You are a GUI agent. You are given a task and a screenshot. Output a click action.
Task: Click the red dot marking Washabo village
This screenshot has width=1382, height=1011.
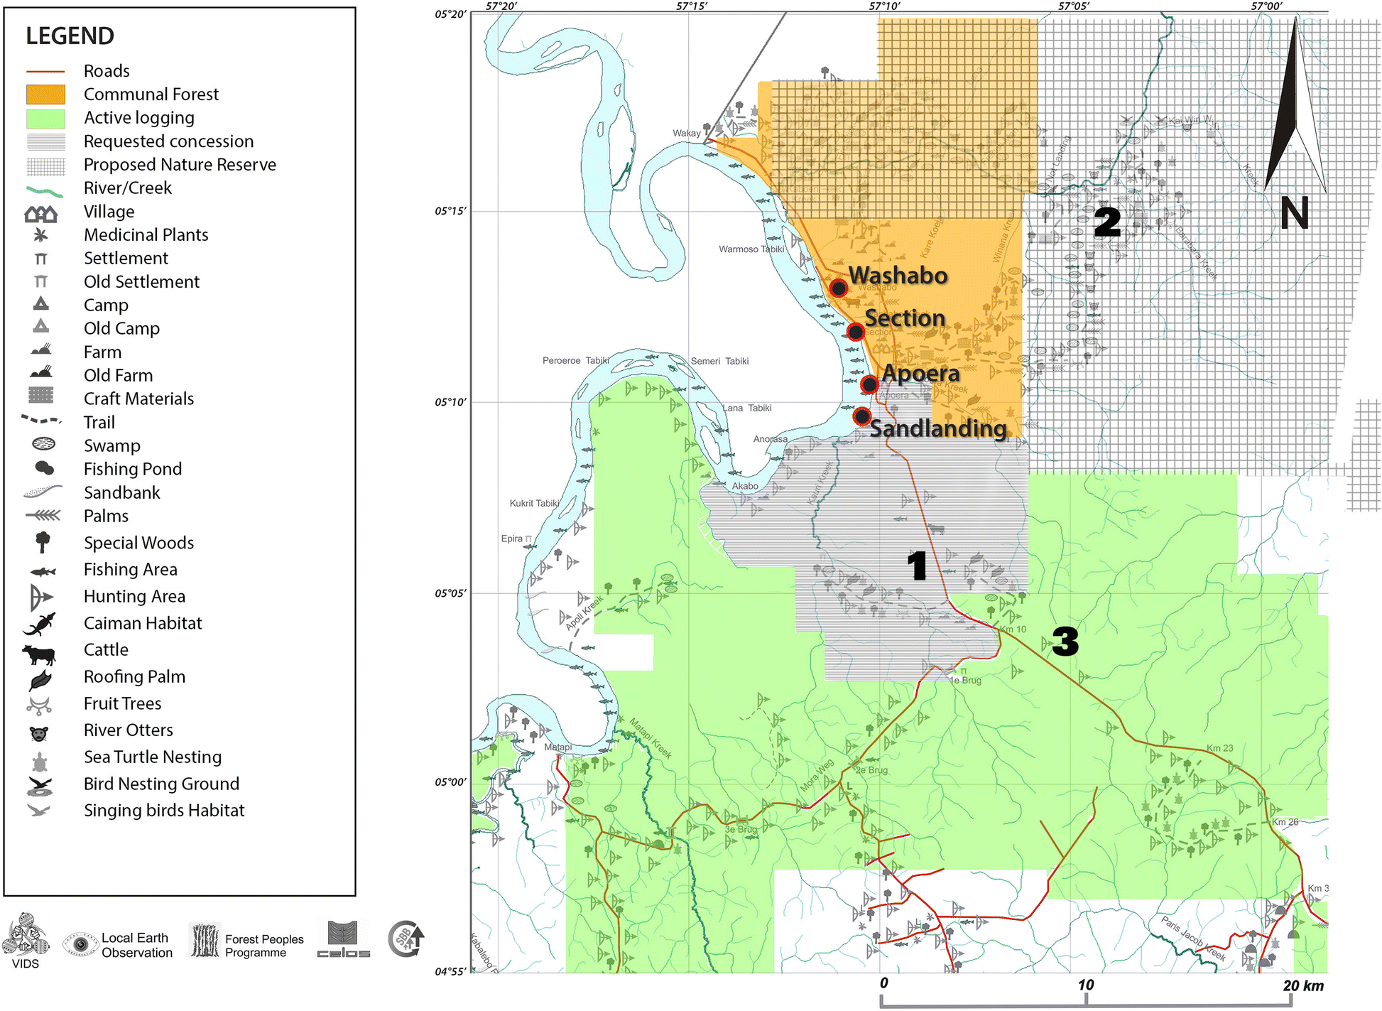click(839, 288)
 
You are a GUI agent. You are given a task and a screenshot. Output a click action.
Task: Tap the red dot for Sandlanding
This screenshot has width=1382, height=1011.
click(862, 416)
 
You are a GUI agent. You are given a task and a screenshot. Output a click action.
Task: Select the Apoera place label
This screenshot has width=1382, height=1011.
click(920, 373)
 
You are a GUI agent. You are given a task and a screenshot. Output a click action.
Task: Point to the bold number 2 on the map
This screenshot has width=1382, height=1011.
click(1107, 222)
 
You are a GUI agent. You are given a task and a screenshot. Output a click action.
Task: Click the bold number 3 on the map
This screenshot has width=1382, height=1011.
click(1065, 642)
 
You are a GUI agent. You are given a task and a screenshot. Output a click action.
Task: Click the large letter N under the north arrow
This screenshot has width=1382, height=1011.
click(1295, 213)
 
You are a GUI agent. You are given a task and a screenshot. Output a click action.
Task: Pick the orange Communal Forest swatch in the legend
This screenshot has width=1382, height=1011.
click(45, 94)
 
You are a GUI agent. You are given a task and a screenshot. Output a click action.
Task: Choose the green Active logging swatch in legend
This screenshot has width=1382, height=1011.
click(45, 118)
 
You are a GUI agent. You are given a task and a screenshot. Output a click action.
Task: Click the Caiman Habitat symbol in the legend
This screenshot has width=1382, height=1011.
click(40, 625)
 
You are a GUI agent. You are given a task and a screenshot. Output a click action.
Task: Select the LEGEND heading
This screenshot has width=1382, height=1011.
click(70, 36)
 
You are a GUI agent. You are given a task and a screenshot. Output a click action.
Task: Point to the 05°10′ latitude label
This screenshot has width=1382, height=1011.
click(450, 402)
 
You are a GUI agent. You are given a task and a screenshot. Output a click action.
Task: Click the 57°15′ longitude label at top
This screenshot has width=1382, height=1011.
click(692, 6)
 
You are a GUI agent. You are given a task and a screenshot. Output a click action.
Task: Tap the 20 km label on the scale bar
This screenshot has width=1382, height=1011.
click(1303, 985)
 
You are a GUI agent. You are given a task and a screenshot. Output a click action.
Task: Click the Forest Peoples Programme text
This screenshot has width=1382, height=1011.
click(264, 946)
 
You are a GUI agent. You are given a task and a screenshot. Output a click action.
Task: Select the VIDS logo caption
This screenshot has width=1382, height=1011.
click(26, 963)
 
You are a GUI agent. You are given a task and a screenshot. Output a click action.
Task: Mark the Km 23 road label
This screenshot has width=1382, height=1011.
click(1220, 748)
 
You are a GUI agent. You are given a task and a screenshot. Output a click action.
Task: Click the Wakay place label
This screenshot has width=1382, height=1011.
click(687, 133)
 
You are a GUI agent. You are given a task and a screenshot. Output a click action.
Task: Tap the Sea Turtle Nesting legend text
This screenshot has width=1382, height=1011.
click(153, 757)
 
